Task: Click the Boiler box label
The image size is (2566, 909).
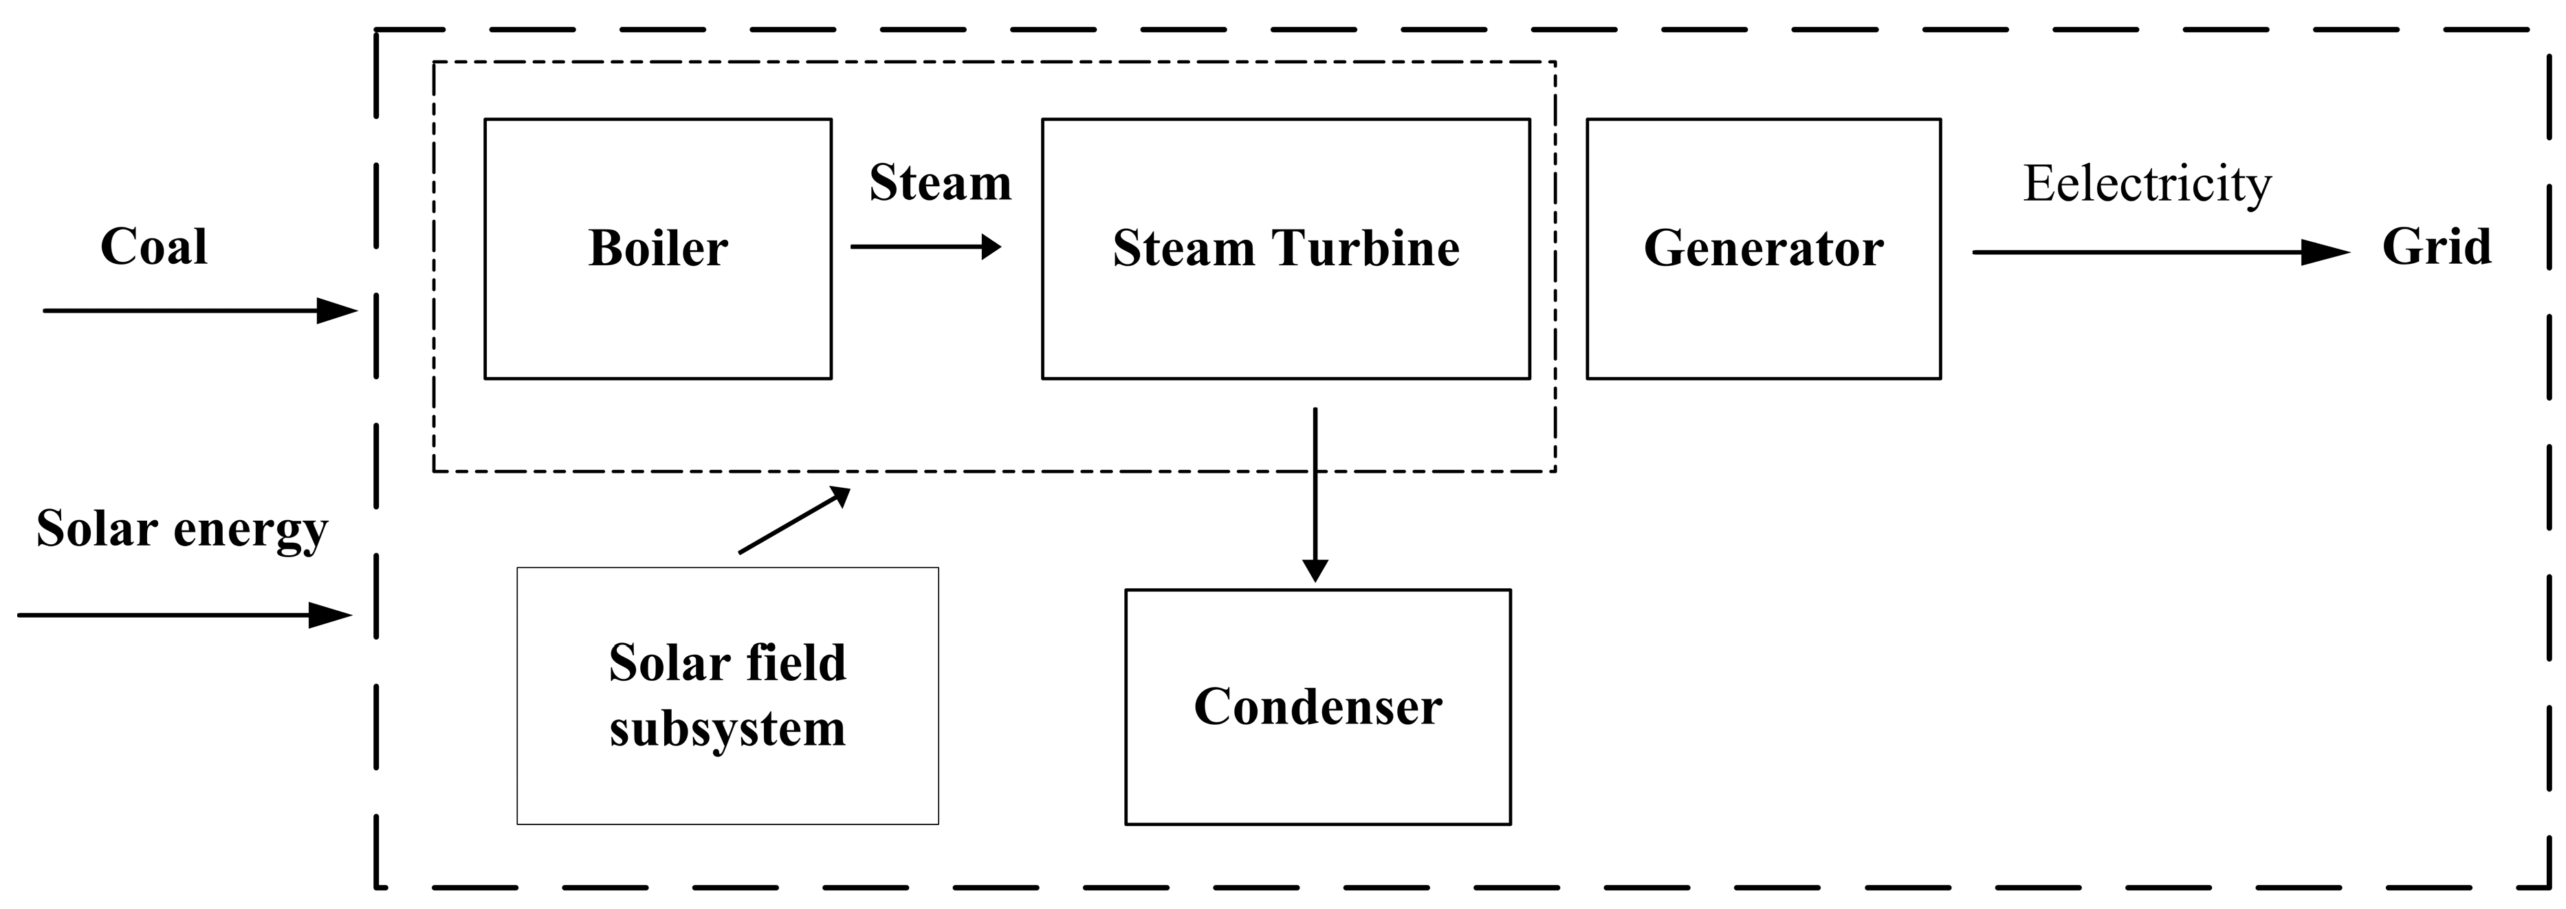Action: coord(657,248)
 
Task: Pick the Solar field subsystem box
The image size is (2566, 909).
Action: coord(727,776)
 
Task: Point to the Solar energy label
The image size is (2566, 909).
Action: coord(182,528)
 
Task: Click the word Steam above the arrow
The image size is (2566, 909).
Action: coord(939,182)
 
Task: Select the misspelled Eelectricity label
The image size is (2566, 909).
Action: coord(2147,183)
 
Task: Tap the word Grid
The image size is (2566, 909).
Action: coord(2435,246)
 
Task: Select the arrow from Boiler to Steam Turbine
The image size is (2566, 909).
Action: coord(925,247)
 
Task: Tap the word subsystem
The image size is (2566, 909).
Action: coord(727,729)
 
